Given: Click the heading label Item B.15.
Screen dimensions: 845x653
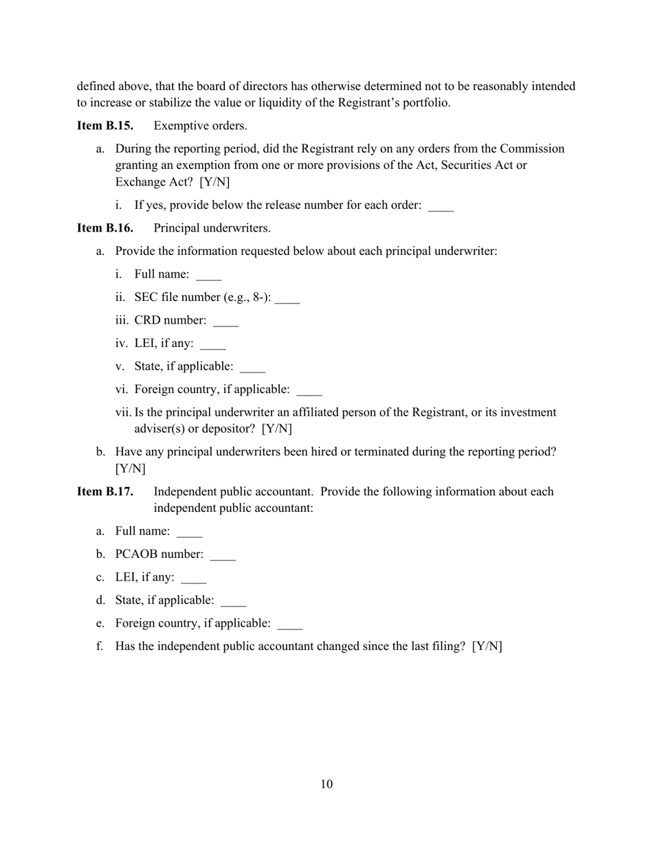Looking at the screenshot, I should tap(105, 126).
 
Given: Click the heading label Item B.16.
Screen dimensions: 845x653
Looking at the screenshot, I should tap(105, 228).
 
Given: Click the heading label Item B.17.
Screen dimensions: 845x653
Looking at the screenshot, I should tap(105, 492).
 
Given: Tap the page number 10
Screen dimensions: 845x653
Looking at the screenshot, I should tap(326, 785).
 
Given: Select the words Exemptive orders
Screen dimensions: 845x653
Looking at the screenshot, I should tap(200, 126).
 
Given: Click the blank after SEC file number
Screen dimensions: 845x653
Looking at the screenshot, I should tap(287, 298).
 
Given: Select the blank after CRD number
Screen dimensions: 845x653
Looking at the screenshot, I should tap(226, 322).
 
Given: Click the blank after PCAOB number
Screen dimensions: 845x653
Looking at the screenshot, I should tap(223, 555).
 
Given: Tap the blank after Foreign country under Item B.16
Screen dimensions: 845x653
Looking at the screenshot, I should tap(309, 390).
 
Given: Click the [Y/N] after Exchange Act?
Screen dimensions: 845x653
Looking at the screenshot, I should tap(214, 182).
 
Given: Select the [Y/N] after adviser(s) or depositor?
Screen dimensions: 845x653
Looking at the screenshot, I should tap(277, 429).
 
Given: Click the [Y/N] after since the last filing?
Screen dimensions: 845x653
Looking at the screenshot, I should tap(487, 646).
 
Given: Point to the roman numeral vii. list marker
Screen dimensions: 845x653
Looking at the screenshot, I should tap(123, 413).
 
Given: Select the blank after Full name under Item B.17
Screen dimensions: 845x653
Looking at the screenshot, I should tap(190, 532).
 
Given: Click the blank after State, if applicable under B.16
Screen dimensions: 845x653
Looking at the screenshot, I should tap(252, 368).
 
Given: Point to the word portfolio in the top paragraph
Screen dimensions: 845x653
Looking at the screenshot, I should tap(427, 103).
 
